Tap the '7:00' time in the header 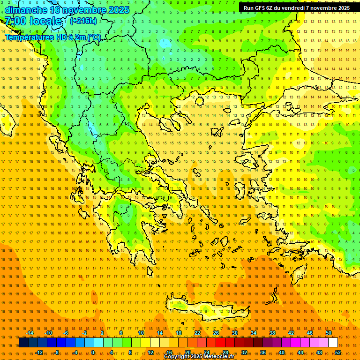click(x=15, y=21)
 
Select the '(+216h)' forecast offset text click(x=83, y=21)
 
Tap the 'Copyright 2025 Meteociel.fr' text click(x=199, y=357)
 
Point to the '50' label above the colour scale click(x=329, y=333)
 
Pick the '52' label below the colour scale click(x=338, y=352)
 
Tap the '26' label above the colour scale click(x=216, y=333)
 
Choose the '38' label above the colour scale click(x=272, y=333)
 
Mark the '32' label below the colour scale click(x=244, y=352)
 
